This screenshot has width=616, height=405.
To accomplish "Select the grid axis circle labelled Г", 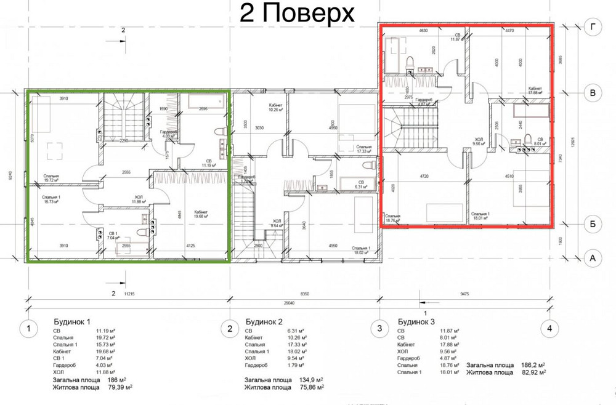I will (592, 26).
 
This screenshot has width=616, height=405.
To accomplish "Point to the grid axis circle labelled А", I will (592, 259).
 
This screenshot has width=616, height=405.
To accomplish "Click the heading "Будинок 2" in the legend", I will (264, 321).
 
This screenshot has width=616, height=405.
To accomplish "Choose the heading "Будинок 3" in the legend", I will (416, 321).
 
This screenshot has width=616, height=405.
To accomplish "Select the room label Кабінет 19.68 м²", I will (200, 215).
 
